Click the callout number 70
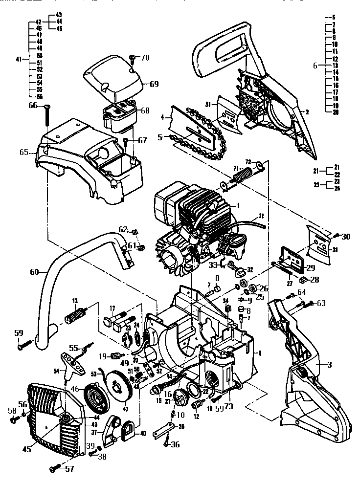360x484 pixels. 145,58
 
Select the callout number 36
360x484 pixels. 175,444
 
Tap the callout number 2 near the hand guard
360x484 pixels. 307,111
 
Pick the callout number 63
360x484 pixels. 320,303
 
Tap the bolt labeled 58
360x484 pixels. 14,419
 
